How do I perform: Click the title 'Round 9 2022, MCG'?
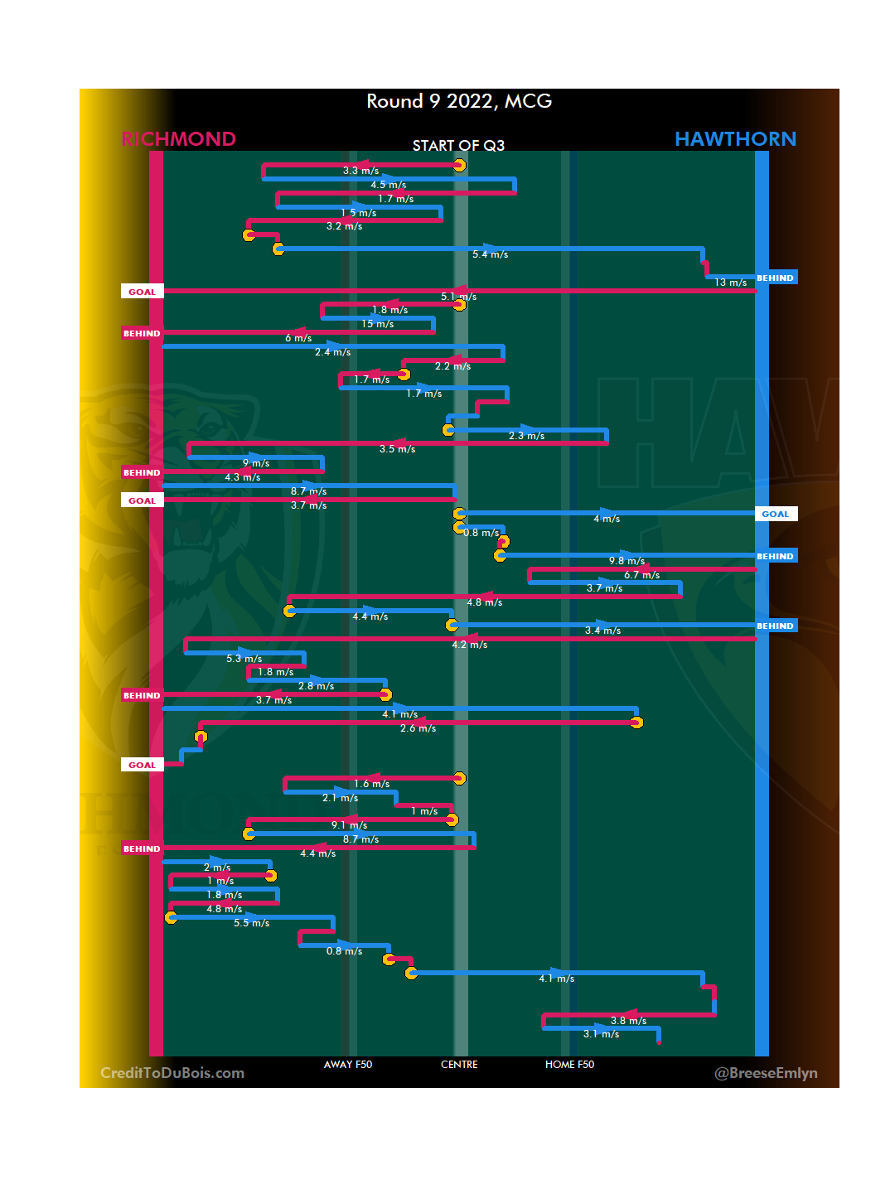[459, 101]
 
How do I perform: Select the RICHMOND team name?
[179, 139]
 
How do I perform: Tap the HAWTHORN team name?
[735, 139]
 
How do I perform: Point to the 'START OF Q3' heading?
[458, 146]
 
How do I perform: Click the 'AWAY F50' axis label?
[348, 1065]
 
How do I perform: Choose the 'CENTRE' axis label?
[459, 1065]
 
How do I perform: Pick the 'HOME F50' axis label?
[569, 1065]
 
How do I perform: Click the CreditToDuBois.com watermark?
[172, 1073]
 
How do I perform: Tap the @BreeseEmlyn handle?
[766, 1073]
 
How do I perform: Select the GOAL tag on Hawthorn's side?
[776, 514]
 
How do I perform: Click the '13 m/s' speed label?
[731, 283]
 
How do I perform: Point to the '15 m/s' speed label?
[377, 324]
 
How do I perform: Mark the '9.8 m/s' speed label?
[626, 561]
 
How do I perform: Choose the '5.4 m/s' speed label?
[490, 254]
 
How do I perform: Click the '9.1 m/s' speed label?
[349, 825]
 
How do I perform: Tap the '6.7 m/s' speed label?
[641, 575]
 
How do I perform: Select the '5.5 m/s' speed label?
[251, 923]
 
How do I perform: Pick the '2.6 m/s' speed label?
[418, 728]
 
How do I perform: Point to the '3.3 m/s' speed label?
[360, 171]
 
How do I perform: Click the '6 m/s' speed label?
[298, 338]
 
